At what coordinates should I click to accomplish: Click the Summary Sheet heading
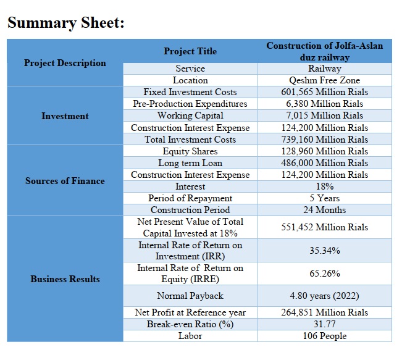click(x=66, y=23)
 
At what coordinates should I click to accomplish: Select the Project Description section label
click(x=65, y=63)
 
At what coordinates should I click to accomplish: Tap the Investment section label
click(x=65, y=116)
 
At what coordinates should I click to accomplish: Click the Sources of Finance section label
click(x=65, y=181)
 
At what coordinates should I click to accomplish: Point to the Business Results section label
click(x=65, y=279)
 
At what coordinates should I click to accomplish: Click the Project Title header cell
click(x=190, y=51)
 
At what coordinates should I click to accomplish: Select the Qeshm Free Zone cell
click(x=325, y=80)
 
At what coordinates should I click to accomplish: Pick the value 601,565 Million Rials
click(x=325, y=92)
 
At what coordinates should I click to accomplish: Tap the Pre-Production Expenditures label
click(x=190, y=104)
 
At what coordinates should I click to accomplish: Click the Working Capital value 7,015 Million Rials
click(x=325, y=115)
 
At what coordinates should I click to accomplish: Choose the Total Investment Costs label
click(x=190, y=139)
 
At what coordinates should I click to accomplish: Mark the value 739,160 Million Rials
click(x=325, y=139)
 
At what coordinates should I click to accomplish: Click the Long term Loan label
click(x=190, y=163)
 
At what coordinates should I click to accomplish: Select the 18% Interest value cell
click(x=325, y=186)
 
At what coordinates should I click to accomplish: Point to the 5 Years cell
click(x=325, y=198)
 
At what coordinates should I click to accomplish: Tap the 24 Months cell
click(x=325, y=210)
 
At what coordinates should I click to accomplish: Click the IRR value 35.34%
click(x=325, y=250)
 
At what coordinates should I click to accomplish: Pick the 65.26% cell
click(x=325, y=274)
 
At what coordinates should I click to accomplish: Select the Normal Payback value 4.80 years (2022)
click(x=325, y=296)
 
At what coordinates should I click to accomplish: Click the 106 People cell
click(x=325, y=336)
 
